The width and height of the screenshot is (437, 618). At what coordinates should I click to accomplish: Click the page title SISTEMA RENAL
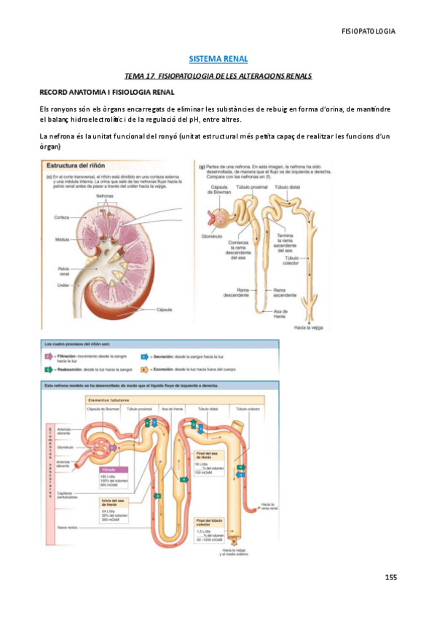(219, 58)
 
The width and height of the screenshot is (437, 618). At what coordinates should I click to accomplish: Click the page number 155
(391, 578)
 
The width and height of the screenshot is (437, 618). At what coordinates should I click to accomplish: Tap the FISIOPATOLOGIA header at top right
(369, 31)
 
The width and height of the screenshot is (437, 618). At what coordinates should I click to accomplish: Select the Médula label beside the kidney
(62, 239)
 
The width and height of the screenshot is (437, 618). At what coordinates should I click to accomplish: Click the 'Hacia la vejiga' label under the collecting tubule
(309, 329)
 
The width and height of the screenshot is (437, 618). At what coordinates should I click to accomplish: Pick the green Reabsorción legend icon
(49, 369)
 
